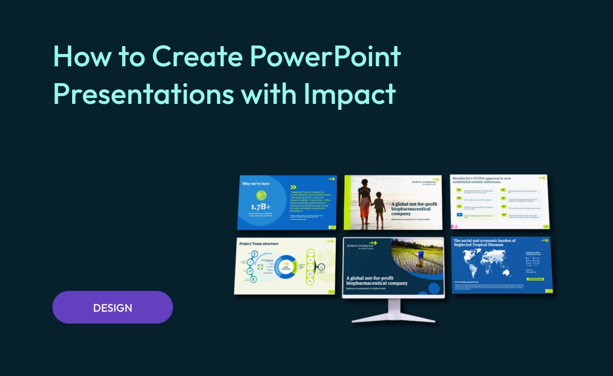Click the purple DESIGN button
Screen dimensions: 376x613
[x=113, y=307]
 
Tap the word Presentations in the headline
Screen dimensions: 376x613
[x=143, y=94]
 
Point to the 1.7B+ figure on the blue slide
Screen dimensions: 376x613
[x=261, y=206]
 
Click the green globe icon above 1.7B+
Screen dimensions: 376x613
[x=261, y=195]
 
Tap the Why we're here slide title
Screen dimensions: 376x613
[x=256, y=184]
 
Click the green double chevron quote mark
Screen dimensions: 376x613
[x=293, y=187]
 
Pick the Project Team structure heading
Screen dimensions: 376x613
[x=259, y=243]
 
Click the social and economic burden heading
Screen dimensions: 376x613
[x=484, y=242]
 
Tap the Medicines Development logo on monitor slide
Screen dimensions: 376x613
[x=361, y=246]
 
